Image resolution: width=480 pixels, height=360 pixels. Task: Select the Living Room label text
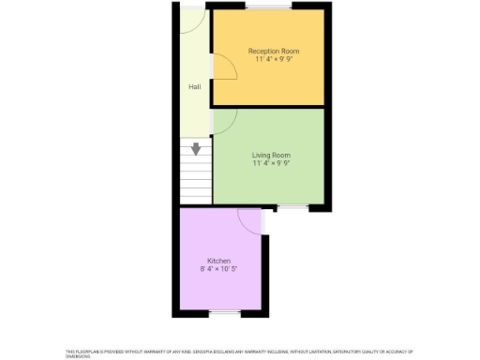(x=271, y=155)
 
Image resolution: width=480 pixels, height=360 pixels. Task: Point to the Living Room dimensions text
(x=271, y=163)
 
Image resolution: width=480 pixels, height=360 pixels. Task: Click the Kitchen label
(x=218, y=261)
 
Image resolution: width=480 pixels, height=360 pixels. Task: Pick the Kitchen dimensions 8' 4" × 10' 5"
(x=218, y=269)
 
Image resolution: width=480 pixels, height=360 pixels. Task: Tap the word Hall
(x=195, y=87)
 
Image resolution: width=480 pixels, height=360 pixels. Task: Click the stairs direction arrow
(x=196, y=149)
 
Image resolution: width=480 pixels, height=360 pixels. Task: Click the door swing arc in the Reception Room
(x=223, y=67)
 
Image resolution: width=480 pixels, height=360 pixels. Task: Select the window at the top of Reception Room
(x=268, y=8)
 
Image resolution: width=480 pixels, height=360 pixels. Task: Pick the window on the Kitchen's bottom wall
(x=221, y=311)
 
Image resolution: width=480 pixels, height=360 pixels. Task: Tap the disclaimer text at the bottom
(x=239, y=352)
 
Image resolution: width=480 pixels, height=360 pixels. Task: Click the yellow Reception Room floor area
(x=281, y=84)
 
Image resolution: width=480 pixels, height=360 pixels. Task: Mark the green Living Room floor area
(x=281, y=183)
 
